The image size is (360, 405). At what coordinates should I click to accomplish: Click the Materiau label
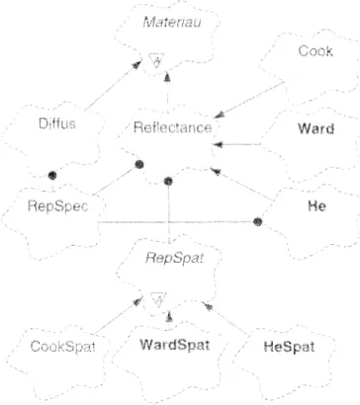coord(172,23)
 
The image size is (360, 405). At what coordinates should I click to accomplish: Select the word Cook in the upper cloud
coord(315,51)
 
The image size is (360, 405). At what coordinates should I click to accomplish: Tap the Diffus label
coord(57,123)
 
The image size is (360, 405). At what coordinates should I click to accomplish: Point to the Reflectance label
coord(172,127)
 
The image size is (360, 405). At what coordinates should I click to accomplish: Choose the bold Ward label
coord(315,128)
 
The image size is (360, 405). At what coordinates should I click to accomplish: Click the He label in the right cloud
coord(316,206)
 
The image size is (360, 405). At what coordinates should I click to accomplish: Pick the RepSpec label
coord(57,206)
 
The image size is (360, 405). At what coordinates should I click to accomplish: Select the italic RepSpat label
coord(174,258)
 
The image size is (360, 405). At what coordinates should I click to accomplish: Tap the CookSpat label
coord(62,347)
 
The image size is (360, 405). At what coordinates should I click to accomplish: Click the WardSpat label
coord(175,345)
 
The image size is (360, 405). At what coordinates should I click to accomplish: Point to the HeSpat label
coord(289,347)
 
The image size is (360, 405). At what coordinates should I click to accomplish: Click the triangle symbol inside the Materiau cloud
coord(156,60)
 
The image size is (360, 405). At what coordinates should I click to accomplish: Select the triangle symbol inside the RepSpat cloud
coord(158,299)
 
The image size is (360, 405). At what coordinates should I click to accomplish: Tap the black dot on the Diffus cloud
coord(52,176)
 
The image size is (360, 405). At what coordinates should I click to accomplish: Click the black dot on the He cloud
coord(258,221)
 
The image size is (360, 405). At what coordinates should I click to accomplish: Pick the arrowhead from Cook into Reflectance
coord(220,115)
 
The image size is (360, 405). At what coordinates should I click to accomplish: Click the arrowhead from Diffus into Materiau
coord(136,64)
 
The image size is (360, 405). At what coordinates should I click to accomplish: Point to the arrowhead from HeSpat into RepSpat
coord(207,306)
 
